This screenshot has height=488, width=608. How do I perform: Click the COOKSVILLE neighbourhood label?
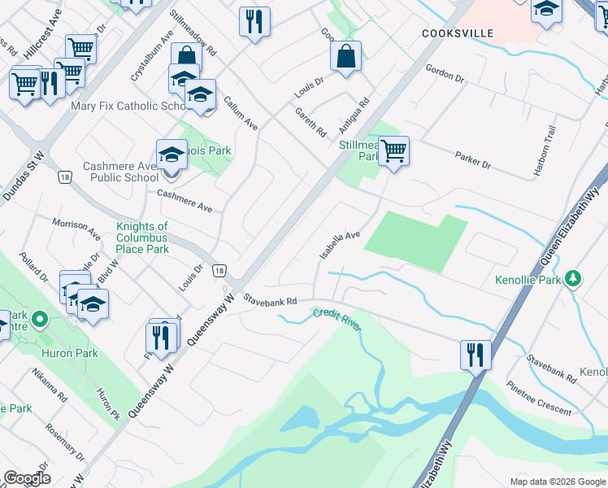click(458, 33)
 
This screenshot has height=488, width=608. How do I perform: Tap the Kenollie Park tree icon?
click(574, 279)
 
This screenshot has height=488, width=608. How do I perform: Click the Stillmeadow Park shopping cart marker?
click(393, 150)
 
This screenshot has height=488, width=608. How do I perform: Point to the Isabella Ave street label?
click(339, 245)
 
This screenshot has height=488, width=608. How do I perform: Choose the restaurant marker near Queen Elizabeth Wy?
click(476, 354)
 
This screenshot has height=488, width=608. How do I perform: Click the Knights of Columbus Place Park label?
click(142, 237)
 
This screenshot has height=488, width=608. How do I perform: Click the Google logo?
click(27, 478)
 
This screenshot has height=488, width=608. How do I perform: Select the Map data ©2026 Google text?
click(557, 481)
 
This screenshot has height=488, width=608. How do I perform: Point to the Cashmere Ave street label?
click(185, 201)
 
